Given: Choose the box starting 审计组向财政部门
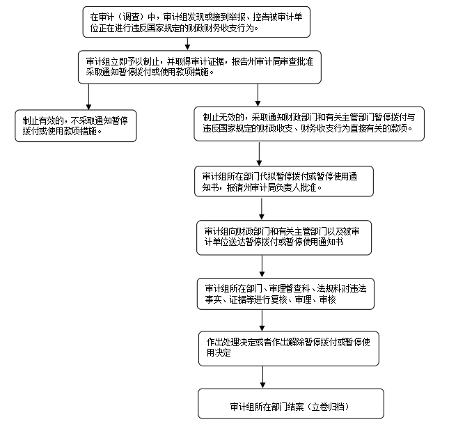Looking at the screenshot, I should point(286,237).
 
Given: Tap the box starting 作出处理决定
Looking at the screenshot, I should point(288,347).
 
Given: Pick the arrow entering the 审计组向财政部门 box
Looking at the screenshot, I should point(262,209).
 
